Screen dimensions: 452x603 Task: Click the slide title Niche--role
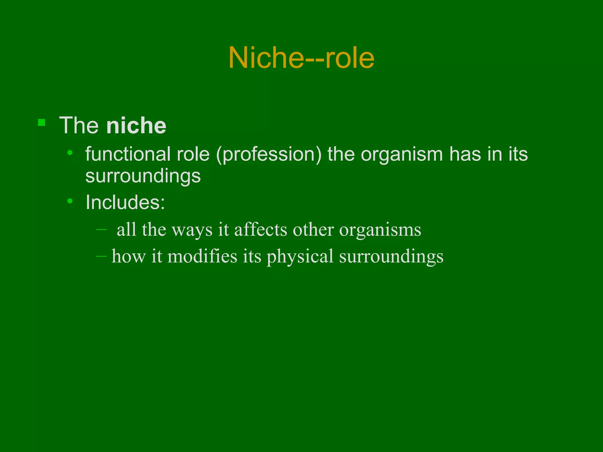301,58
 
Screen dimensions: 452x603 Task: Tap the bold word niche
136,126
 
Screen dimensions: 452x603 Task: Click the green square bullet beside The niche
42,122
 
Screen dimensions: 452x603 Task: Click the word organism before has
402,155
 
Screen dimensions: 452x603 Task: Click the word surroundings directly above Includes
143,176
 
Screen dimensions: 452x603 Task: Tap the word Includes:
125,202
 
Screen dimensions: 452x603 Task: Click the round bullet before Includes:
70,201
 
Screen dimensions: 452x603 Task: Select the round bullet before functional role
70,153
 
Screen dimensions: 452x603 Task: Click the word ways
192,230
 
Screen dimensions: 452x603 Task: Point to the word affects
261,229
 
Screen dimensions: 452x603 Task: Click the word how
129,256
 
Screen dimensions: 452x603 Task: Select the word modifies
202,256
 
